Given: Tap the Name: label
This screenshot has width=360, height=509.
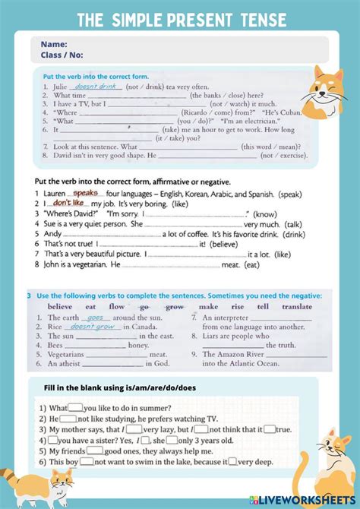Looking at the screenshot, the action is (x=54, y=44).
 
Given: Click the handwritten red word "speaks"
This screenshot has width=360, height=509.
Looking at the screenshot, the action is (x=86, y=194).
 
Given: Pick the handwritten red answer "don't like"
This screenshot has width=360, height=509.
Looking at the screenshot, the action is (x=68, y=204).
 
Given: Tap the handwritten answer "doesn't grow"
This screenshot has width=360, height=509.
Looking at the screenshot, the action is (x=93, y=327).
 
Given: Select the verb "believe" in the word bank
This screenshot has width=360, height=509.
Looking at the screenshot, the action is (x=60, y=307).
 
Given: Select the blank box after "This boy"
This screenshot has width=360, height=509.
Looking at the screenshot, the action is (x=86, y=460).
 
